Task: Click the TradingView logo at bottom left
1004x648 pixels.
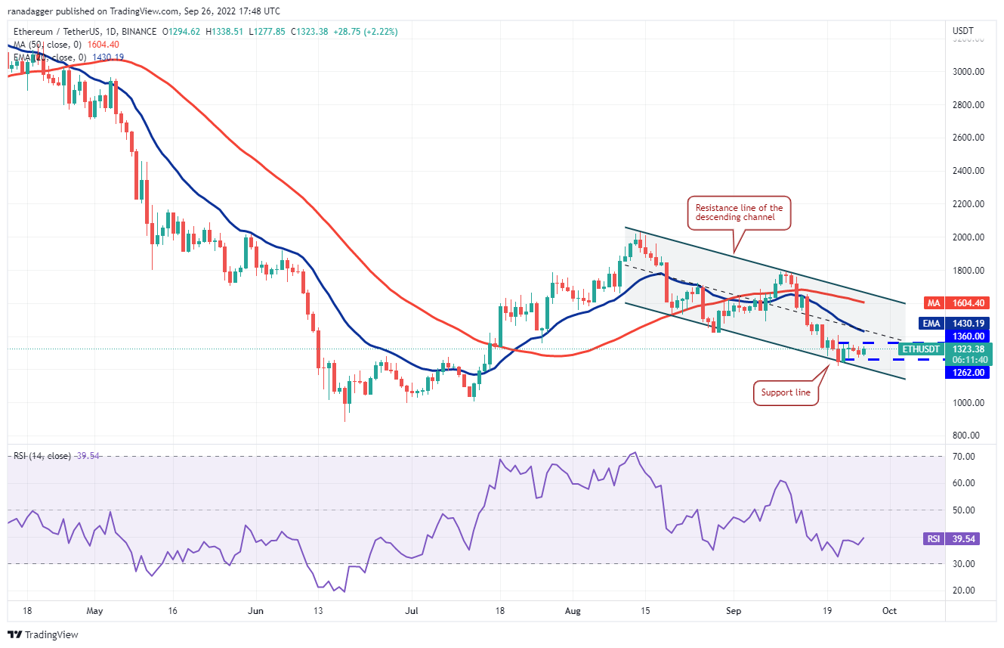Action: (x=43, y=634)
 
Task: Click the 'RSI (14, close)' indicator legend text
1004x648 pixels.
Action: (x=42, y=456)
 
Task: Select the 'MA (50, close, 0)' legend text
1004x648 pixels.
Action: (x=46, y=45)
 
